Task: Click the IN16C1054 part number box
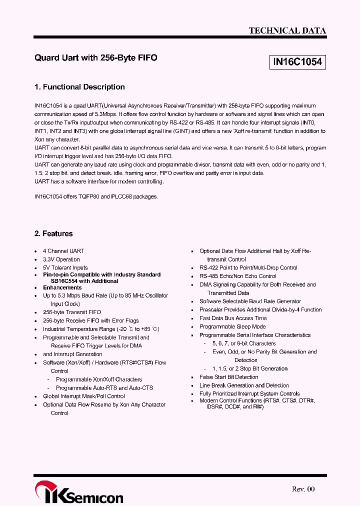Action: click(x=297, y=62)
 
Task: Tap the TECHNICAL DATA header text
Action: click(x=287, y=30)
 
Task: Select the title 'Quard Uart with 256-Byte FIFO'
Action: click(x=96, y=58)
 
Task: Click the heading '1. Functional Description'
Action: click(x=79, y=87)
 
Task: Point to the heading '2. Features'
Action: click(x=53, y=233)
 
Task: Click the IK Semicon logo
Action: click(x=78, y=493)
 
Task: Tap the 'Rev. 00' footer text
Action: click(x=303, y=489)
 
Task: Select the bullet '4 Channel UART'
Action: click(x=63, y=251)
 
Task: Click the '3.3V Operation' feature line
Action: click(x=61, y=259)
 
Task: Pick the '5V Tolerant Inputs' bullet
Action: click(x=65, y=267)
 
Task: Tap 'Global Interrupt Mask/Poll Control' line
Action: click(x=84, y=396)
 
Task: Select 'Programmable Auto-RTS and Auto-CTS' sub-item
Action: click(x=104, y=387)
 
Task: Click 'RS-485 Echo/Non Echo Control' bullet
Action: click(x=238, y=276)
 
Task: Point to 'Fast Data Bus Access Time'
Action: click(x=233, y=318)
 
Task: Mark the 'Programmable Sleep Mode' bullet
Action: click(x=232, y=326)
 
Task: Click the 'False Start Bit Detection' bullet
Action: click(x=229, y=377)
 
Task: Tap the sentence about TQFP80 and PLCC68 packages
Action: click(x=96, y=196)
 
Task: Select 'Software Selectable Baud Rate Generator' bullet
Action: click(x=250, y=301)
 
